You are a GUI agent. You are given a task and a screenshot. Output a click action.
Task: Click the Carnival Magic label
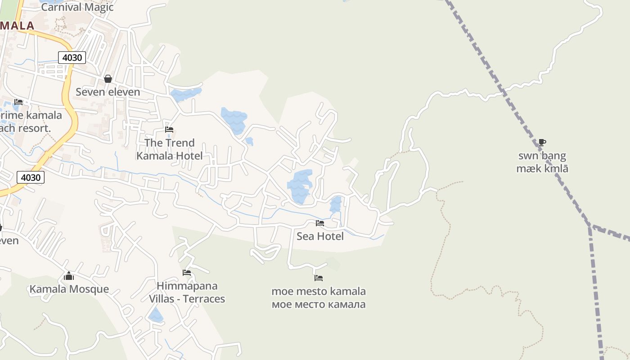click(x=77, y=7)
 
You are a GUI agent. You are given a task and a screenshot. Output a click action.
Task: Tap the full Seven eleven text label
click(x=108, y=92)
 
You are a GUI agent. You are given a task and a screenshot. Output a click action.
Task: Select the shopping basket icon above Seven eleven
click(x=108, y=79)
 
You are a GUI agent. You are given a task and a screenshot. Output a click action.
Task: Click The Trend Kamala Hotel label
click(x=169, y=149)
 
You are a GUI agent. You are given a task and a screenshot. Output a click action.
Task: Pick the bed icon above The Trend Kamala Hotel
click(x=169, y=130)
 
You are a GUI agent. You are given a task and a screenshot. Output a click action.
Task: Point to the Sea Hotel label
click(x=320, y=236)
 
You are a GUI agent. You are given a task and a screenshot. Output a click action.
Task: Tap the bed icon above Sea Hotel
click(x=320, y=223)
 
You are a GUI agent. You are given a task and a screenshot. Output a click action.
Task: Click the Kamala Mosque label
click(x=69, y=289)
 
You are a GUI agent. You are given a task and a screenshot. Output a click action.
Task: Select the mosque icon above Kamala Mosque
click(x=69, y=276)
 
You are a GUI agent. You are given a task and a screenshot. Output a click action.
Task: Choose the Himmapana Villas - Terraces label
click(x=187, y=292)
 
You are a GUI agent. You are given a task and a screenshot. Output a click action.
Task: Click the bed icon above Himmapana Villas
click(x=187, y=273)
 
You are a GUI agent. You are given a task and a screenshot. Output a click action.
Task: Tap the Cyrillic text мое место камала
click(x=319, y=305)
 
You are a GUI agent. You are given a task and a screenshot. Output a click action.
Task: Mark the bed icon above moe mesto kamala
click(x=319, y=278)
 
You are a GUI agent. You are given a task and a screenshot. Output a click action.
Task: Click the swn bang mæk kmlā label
click(x=542, y=162)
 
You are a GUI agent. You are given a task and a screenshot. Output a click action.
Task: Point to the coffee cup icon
click(x=542, y=143)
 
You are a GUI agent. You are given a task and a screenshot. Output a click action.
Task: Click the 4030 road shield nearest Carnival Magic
click(x=72, y=58)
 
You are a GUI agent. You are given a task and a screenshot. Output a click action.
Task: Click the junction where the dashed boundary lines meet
click(x=590, y=226)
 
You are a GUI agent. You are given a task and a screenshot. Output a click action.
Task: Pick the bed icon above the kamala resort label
click(x=18, y=102)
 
